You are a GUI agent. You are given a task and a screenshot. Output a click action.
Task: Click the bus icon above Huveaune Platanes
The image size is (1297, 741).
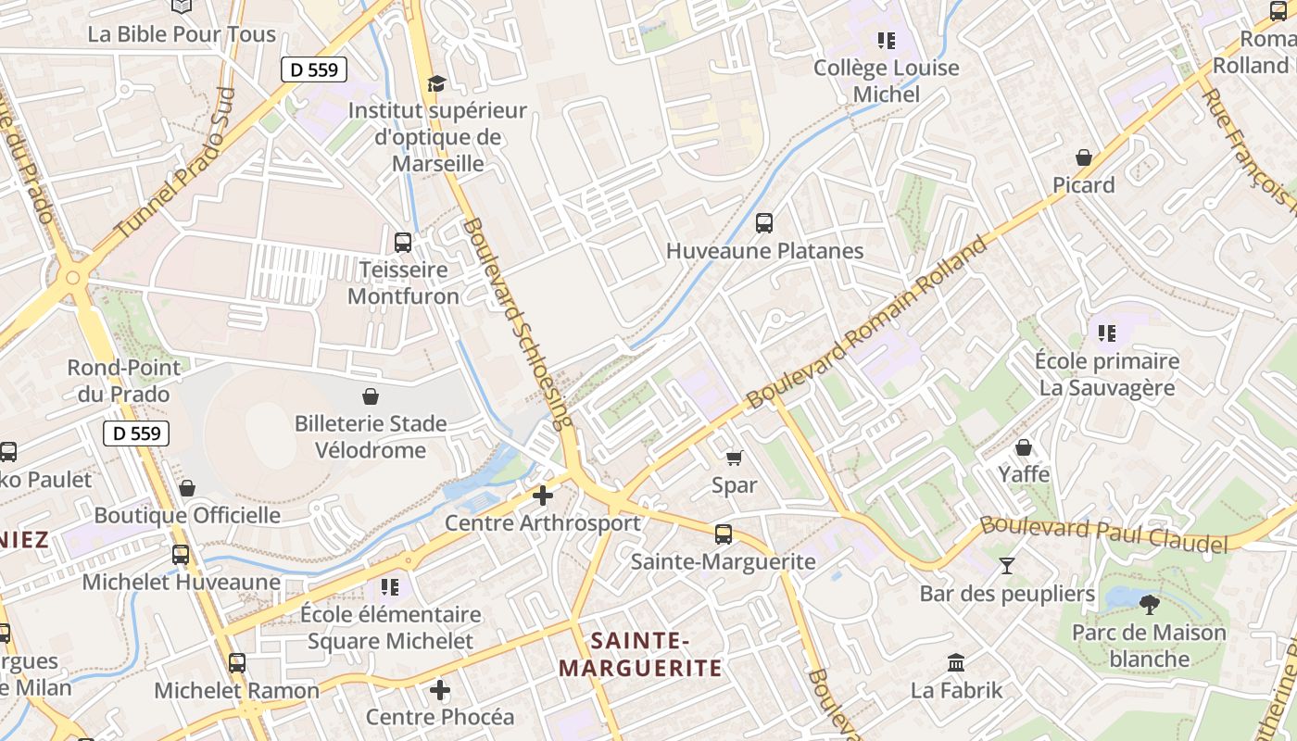coord(764,223)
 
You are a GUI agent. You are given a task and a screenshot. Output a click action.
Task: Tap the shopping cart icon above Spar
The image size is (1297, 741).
coord(735,458)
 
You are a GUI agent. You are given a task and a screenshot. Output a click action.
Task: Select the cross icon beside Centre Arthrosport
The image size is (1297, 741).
coord(543,496)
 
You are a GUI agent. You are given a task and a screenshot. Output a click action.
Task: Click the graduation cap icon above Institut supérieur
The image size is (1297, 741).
coord(435,84)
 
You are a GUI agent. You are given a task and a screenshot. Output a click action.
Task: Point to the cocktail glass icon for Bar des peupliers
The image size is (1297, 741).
coord(1007,565)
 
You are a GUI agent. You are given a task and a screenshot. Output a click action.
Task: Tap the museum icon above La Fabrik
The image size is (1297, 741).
coord(956,663)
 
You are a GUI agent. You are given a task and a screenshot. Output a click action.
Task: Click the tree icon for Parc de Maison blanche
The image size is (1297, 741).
coord(1149,606)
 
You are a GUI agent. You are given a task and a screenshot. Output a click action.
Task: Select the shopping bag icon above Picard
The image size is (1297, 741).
coord(1083,158)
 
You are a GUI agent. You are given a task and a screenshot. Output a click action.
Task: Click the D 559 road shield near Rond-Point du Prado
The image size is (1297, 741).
coord(136,433)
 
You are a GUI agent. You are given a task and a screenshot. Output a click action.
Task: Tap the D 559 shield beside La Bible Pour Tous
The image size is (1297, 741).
coord(314,69)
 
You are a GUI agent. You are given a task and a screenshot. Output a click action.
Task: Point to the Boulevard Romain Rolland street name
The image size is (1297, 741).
coord(867,323)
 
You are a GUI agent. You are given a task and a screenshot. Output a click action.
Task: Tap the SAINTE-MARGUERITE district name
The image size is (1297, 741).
coord(639,654)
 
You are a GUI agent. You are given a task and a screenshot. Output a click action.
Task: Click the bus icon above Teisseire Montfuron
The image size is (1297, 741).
coord(403,243)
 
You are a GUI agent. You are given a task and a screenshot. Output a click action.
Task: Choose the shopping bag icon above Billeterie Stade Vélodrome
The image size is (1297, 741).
coord(371,397)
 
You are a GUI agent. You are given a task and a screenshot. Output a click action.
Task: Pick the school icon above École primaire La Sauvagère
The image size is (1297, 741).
coord(1106,333)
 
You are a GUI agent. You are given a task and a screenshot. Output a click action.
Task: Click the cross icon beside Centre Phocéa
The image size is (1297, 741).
coord(440,690)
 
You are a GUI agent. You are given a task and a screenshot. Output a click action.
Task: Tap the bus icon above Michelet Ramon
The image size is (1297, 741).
coord(237,663)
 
